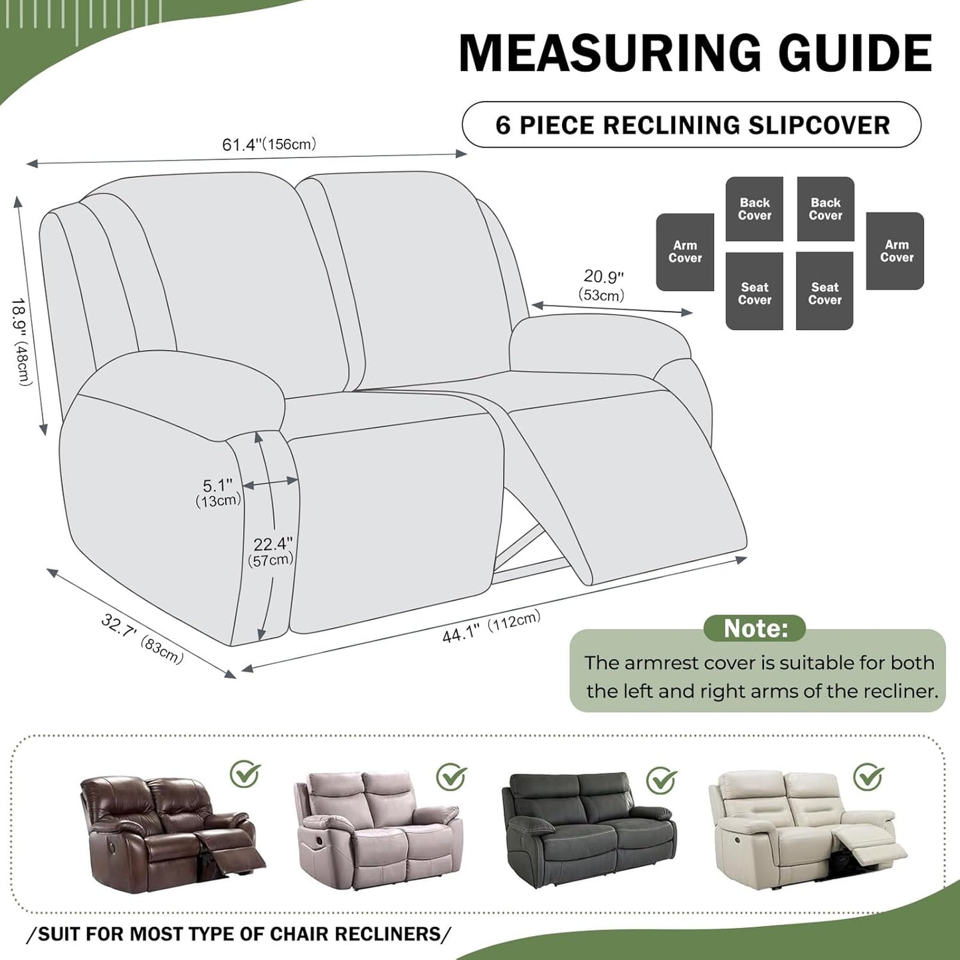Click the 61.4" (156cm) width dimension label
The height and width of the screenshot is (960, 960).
(x=269, y=144)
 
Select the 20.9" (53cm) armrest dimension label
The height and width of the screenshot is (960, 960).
(x=603, y=285)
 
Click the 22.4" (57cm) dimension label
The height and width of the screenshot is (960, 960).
(x=271, y=551)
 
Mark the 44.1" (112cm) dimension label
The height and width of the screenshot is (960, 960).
(x=491, y=626)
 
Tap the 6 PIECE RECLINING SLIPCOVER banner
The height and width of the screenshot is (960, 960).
(x=692, y=125)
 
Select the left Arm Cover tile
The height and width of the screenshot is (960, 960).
(x=685, y=252)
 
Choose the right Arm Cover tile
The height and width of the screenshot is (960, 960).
(x=896, y=251)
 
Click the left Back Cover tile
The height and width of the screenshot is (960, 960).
(x=754, y=209)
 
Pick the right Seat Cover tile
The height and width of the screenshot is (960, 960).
(x=824, y=291)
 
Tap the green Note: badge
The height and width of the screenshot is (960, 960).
(x=755, y=628)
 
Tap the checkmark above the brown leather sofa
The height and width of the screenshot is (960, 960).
(x=245, y=773)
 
